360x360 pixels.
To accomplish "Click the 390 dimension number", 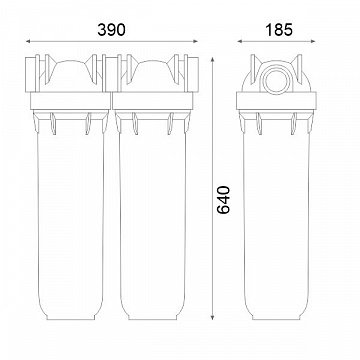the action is [111, 30].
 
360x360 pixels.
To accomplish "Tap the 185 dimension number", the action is [279, 30].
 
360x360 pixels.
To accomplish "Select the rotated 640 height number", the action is [223, 200].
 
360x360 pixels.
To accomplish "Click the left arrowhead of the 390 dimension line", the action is [28, 41].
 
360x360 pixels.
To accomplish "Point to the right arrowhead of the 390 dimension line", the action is [196, 41].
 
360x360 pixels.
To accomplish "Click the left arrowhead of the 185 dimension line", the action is [239, 41].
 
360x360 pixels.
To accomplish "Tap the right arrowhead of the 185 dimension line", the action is [313, 41].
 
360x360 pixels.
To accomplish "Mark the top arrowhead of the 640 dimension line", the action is [212, 59].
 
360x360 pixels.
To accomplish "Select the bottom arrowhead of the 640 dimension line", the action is [212, 317].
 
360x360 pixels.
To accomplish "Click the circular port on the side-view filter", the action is [276, 80].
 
